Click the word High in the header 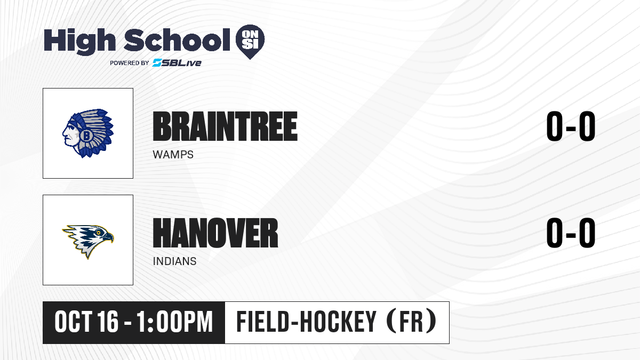point(79,42)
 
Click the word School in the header point(177,40)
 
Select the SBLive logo point(177,62)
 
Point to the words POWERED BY point(130,63)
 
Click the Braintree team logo point(88,133)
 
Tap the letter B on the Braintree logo point(86,135)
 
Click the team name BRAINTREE point(225,126)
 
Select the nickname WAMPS point(173,155)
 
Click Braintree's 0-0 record point(571,126)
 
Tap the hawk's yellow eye point(99,233)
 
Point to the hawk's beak point(108,237)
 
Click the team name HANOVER point(215,233)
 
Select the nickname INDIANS point(174,261)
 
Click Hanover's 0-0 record point(571,233)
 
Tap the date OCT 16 point(86,322)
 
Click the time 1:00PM point(174,322)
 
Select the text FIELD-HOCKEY point(306,322)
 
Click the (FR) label point(411,322)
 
